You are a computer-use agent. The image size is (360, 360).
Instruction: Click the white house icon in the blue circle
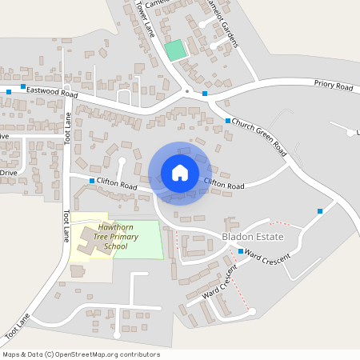point(179,173)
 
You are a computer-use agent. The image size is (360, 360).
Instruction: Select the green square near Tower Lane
point(174,50)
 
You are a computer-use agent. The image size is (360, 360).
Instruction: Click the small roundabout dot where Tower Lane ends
point(187,90)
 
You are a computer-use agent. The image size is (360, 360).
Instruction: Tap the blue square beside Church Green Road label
point(228,121)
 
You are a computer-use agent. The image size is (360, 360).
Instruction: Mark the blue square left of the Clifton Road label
point(92,182)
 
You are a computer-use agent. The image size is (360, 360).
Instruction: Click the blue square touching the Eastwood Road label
point(23,86)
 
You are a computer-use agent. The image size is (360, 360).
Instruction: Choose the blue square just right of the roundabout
point(205,94)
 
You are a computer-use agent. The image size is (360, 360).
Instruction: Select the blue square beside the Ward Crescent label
point(241,251)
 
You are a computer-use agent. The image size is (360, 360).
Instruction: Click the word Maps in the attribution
point(12,354)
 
